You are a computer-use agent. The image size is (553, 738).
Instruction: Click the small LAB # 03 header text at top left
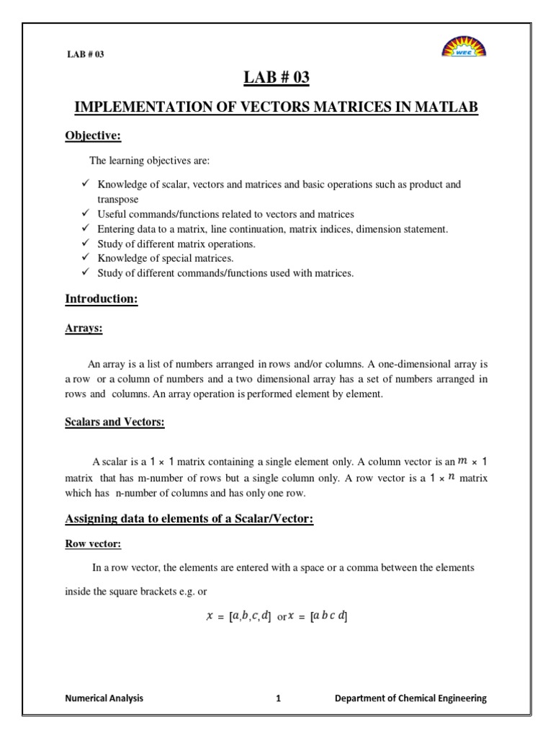[x=85, y=54]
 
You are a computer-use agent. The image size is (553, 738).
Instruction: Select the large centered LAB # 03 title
[x=276, y=77]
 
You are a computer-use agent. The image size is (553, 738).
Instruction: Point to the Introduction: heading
[x=102, y=299]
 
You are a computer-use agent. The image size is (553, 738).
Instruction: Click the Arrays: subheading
[x=84, y=328]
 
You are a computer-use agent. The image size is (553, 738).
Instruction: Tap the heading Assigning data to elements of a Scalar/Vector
[x=189, y=517]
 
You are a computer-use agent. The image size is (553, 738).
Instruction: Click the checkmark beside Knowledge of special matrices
[x=84, y=257]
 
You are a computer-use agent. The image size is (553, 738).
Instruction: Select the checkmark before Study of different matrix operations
[x=84, y=243]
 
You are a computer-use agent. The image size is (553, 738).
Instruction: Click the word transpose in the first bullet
[x=118, y=199]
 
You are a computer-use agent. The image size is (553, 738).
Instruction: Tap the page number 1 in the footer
[x=277, y=698]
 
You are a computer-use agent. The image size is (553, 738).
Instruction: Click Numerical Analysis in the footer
[x=104, y=698]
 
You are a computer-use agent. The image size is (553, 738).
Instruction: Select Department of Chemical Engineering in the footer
[x=411, y=698]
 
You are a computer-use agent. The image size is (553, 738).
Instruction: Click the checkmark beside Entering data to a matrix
[x=84, y=228]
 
